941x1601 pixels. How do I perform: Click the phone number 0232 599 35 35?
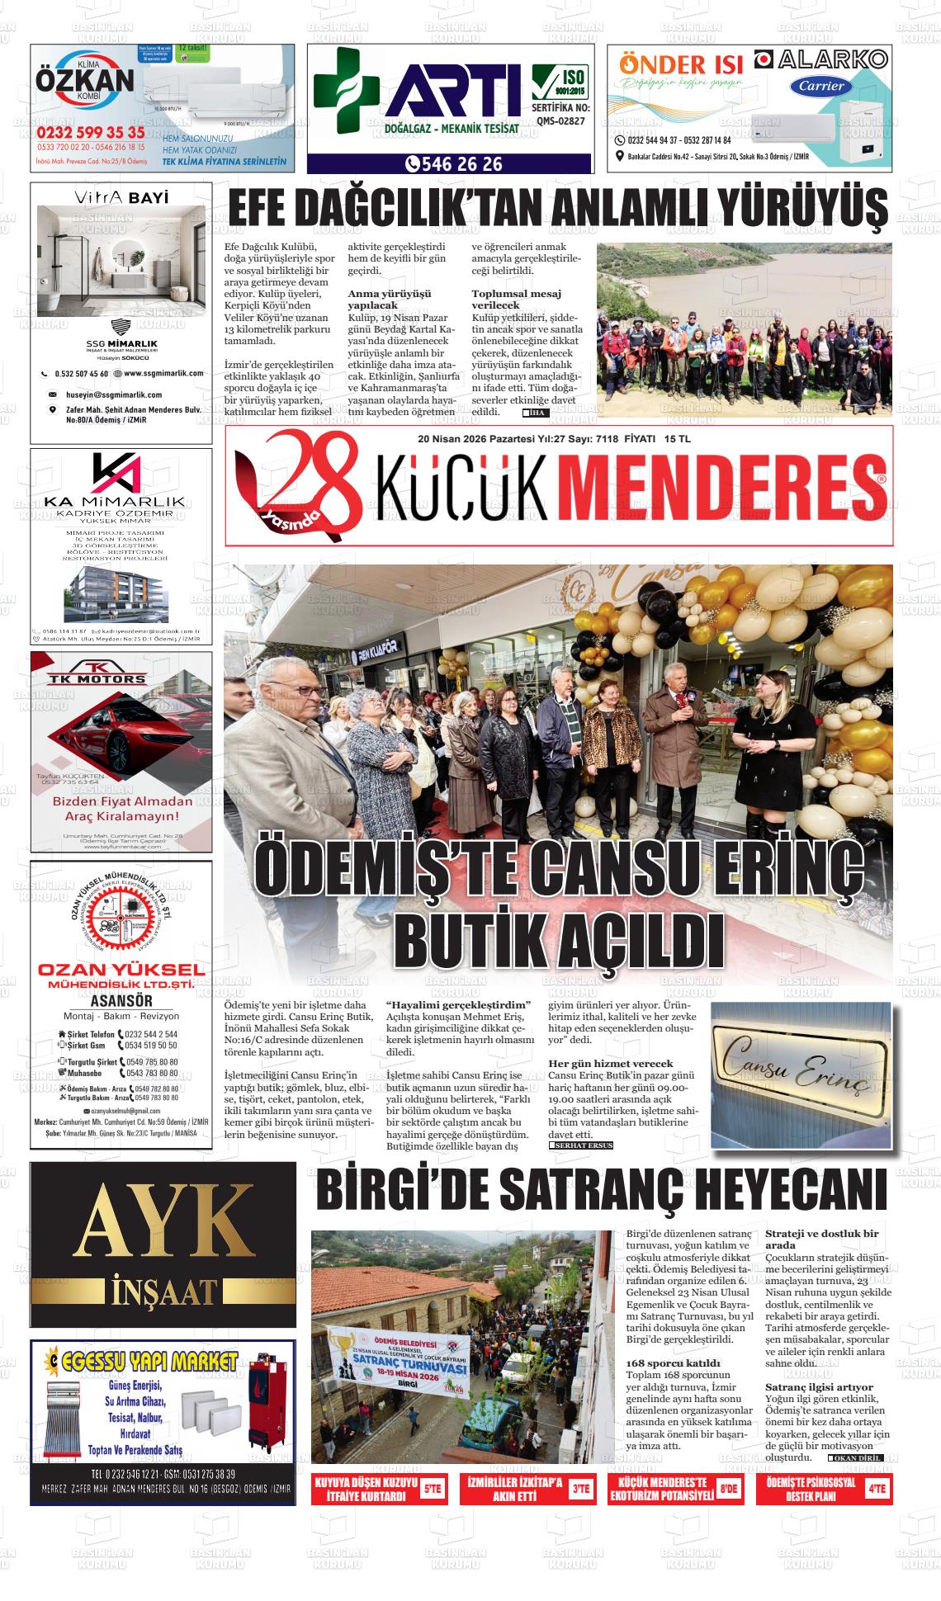tap(91, 132)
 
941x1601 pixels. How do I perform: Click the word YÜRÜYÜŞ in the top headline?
tap(800, 210)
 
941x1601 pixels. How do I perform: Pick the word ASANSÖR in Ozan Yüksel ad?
tap(121, 1001)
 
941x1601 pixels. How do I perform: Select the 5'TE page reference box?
tap(432, 1490)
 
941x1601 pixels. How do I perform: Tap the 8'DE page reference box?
tap(728, 1490)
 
